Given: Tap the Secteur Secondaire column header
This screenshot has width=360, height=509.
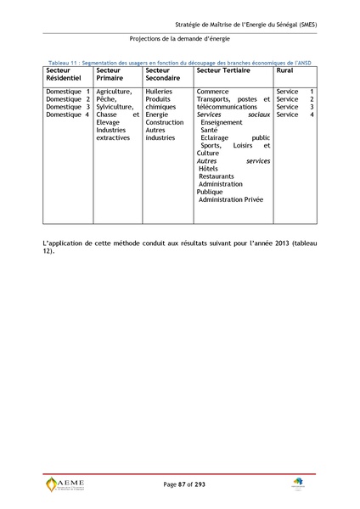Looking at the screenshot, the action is click(x=163, y=75).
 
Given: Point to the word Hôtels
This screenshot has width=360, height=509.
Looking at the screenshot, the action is click(x=208, y=168).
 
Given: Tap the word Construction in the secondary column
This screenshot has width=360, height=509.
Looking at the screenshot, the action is click(x=164, y=122).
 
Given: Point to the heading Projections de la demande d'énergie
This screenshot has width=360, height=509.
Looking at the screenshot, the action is click(x=179, y=39).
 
